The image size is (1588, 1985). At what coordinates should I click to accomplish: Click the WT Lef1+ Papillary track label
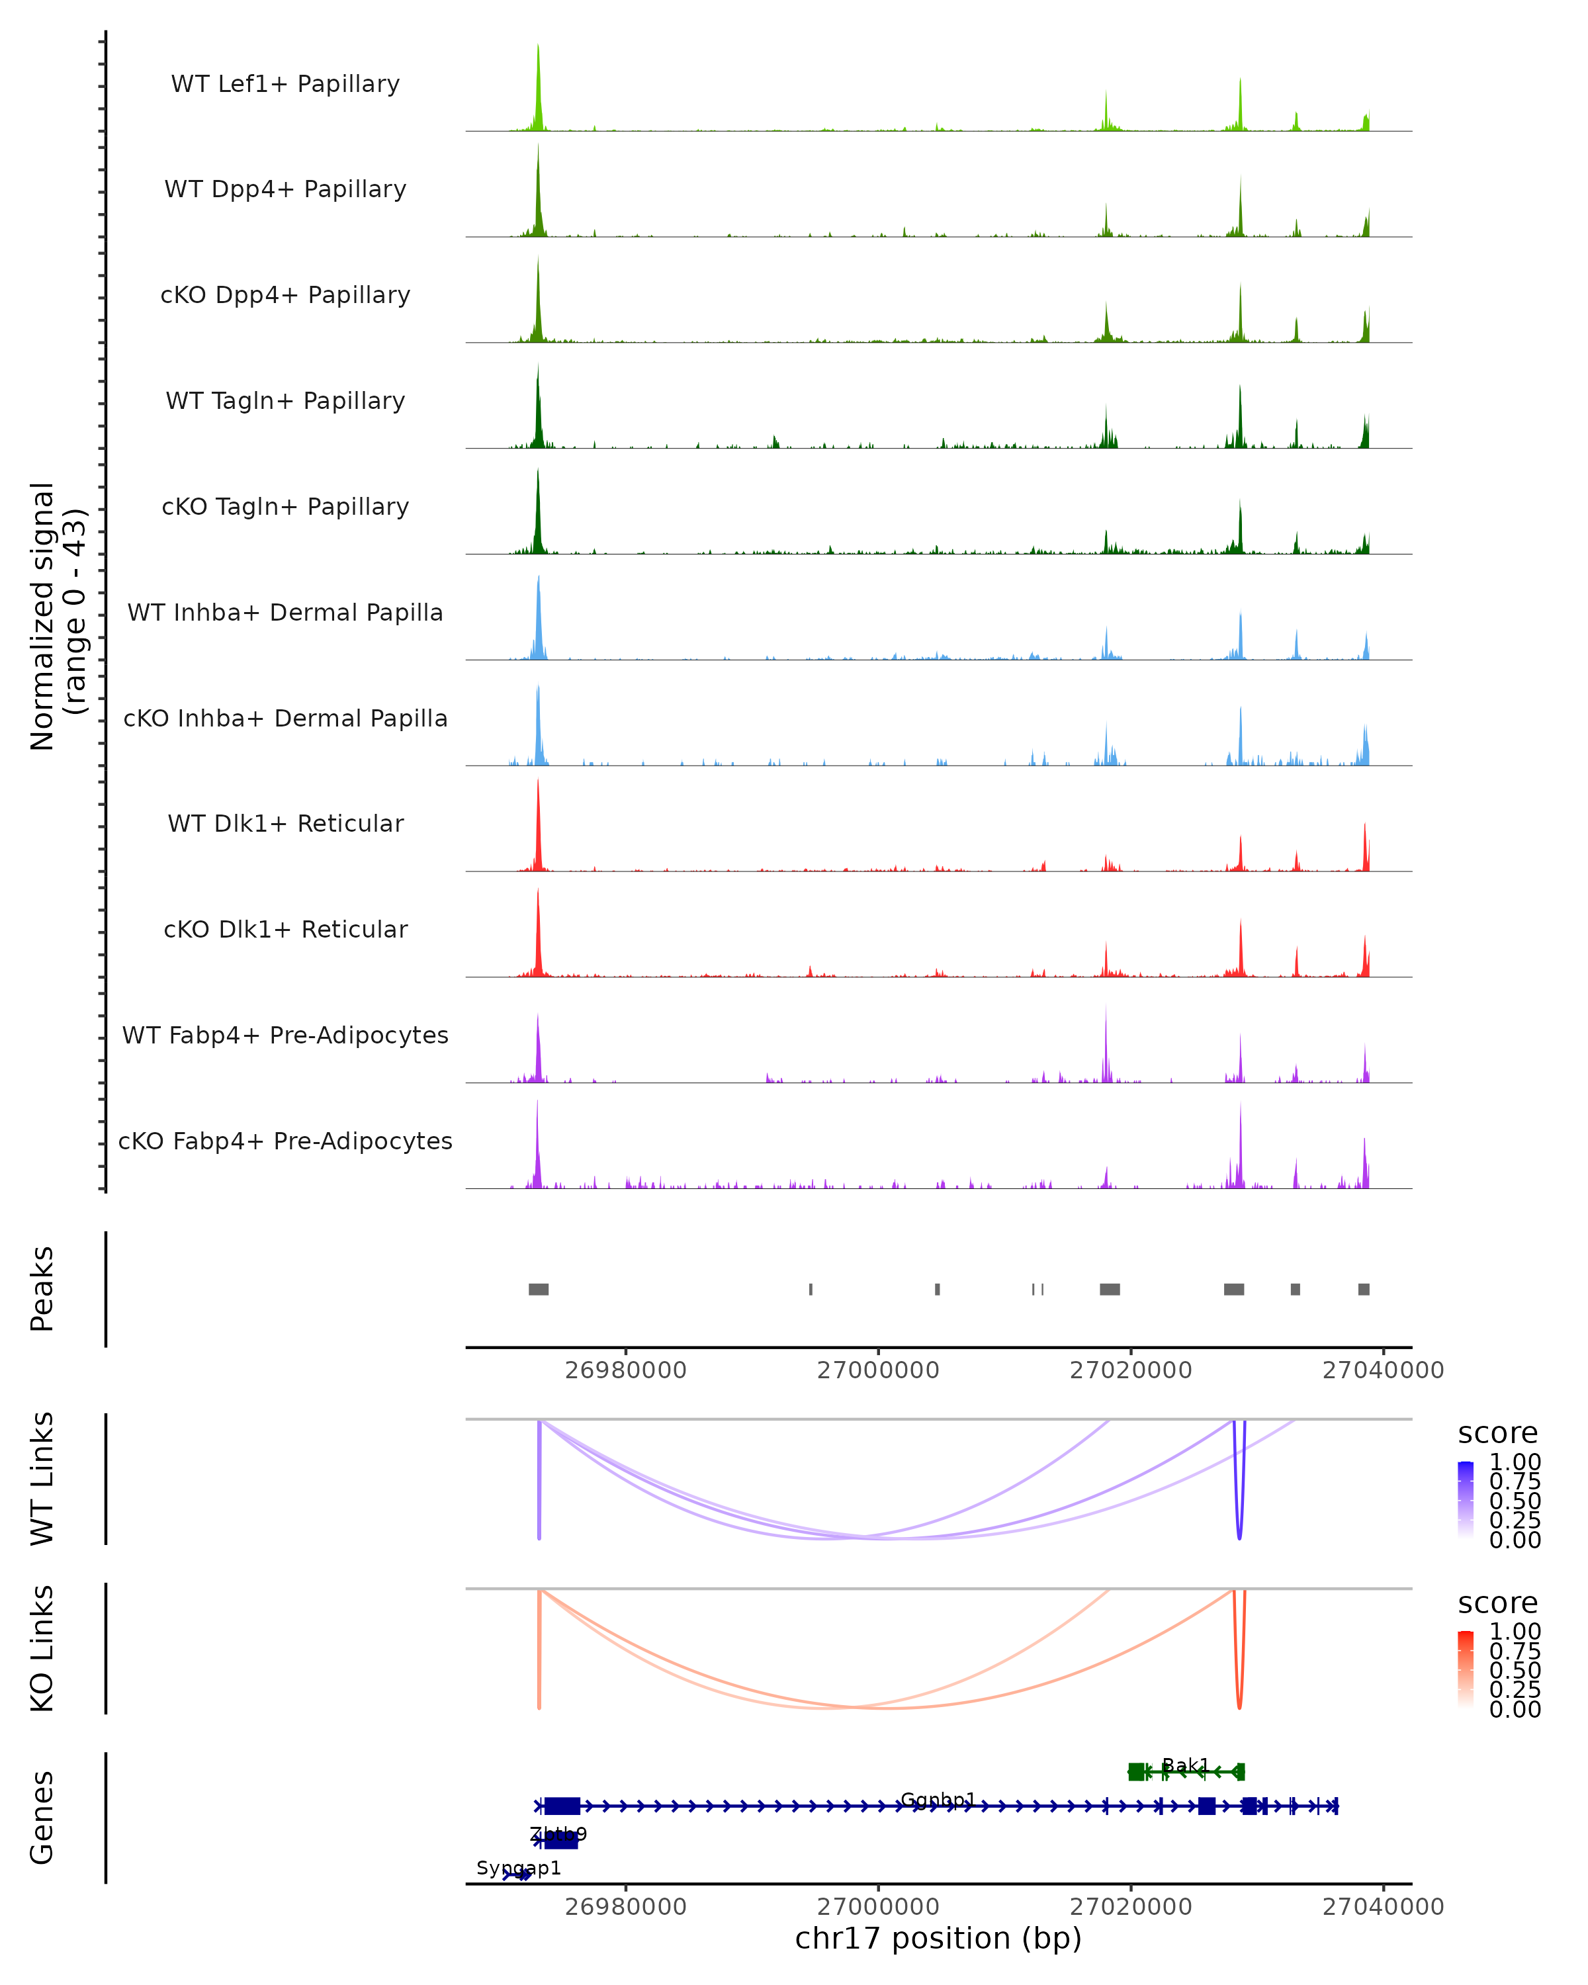(285, 84)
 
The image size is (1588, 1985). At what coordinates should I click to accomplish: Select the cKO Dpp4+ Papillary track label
(285, 296)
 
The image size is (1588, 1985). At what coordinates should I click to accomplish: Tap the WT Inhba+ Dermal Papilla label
(285, 613)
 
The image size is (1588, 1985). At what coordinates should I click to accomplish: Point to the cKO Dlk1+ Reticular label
(285, 930)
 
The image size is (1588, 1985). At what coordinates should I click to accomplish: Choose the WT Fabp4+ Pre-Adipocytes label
(285, 1036)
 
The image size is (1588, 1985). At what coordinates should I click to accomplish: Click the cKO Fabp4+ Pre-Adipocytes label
(285, 1141)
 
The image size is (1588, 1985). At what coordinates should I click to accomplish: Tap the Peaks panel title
(42, 1289)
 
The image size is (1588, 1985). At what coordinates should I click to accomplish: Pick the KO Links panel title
(42, 1649)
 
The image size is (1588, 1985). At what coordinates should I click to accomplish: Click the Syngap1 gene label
(518, 1868)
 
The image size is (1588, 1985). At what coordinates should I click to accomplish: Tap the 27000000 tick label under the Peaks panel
(878, 1370)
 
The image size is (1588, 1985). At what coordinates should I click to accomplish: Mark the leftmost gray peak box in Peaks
(539, 1289)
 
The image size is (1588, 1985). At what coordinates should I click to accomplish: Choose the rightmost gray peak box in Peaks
(1364, 1289)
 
